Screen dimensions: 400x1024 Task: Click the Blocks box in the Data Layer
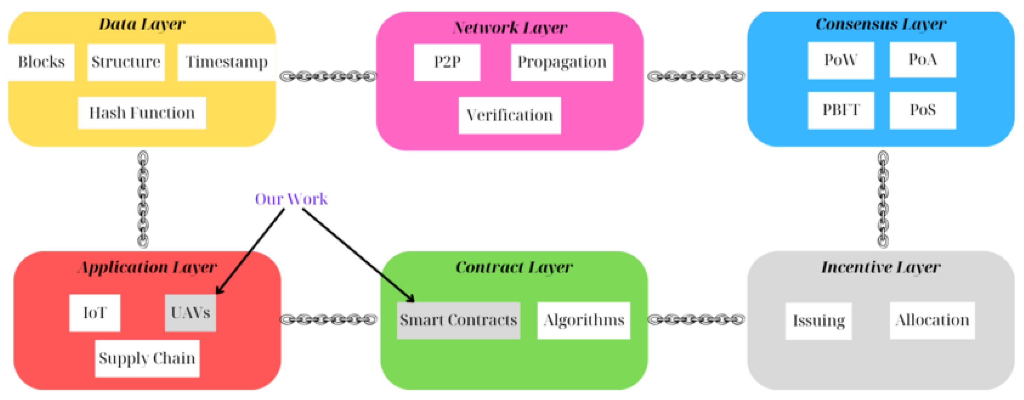point(41,62)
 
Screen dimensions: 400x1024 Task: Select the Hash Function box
point(142,113)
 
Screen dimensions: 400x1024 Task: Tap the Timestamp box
point(226,62)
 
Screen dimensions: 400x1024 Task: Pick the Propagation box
point(561,62)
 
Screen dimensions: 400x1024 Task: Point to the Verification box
point(509,115)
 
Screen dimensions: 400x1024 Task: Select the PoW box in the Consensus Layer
point(840,60)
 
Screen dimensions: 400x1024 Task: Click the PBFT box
point(840,110)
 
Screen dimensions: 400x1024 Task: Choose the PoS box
point(922,110)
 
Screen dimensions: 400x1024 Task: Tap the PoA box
point(922,60)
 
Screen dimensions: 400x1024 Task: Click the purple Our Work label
point(291,199)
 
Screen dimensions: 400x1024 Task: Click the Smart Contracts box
point(458,320)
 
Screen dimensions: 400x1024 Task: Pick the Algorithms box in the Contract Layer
point(583,320)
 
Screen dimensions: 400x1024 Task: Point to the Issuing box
point(818,320)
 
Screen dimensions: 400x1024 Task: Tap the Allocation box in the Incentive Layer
point(932,320)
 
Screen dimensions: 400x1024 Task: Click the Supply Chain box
point(147,358)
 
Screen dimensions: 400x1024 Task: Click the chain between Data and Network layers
point(328,76)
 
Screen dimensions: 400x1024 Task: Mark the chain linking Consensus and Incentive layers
point(882,199)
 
